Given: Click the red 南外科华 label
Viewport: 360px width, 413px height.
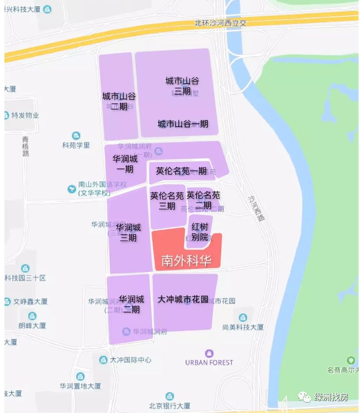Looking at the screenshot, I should (186, 261).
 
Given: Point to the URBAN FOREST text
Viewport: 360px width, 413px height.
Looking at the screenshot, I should (209, 363).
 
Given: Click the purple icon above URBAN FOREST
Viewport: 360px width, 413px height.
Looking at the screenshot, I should (209, 353).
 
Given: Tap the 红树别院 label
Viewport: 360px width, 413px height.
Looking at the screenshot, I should (200, 231).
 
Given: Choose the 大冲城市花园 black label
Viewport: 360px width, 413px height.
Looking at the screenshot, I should (183, 300).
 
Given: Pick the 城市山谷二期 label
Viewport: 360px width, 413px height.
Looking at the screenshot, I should (119, 101).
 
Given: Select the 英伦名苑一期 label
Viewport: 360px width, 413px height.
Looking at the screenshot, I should (181, 171).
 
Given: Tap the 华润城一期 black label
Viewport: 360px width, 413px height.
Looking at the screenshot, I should (125, 164).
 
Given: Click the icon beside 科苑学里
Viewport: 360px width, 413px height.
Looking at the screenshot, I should (76, 136).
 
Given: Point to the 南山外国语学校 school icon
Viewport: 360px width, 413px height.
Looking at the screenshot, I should (72, 189).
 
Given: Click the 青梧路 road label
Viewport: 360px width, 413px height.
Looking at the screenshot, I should (26, 146).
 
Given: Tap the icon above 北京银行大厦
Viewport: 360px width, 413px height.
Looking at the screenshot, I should (170, 396).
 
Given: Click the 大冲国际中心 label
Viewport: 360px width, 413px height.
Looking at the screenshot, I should (130, 360).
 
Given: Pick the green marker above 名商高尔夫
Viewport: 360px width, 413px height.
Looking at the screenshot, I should (351, 360).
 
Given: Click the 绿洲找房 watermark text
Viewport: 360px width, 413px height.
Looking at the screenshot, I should (331, 397).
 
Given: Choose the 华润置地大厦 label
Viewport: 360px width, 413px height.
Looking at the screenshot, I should (80, 386).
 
